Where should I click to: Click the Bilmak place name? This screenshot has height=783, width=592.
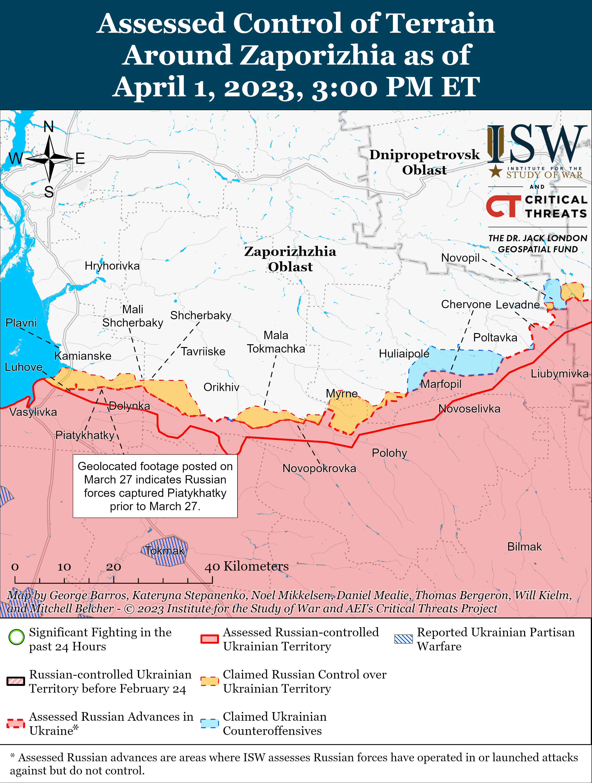coord(524,547)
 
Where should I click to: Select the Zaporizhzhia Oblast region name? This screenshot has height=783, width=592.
coord(290,259)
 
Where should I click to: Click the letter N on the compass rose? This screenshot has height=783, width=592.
coord(49,127)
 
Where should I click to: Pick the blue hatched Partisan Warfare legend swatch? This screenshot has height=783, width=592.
coord(403,639)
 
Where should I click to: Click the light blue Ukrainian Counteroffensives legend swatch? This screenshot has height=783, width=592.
coord(209,723)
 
